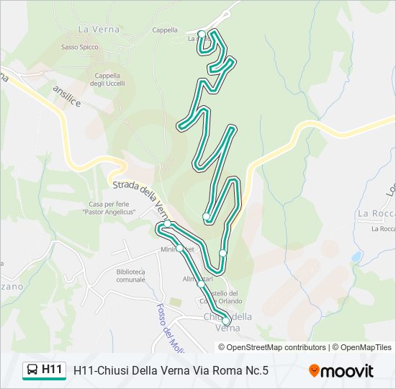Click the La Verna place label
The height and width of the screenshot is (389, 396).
[x=93, y=30]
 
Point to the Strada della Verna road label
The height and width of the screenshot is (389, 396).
[x=141, y=197]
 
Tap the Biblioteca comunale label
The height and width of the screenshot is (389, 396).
[x=130, y=275]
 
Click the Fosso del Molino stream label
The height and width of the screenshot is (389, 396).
[x=165, y=324]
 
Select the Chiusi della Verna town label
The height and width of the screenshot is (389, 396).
[x=228, y=321]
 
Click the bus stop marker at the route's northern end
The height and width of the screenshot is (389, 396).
[x=202, y=34]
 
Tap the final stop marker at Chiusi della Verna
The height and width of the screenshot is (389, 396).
[x=226, y=321]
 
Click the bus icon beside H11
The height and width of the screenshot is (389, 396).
[x=32, y=370]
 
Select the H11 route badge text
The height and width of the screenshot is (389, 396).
[x=52, y=370]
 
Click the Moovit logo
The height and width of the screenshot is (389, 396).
[x=341, y=371]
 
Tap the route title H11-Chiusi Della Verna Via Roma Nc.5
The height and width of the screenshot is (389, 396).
[x=171, y=370]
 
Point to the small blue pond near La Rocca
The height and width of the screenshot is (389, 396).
[x=356, y=256]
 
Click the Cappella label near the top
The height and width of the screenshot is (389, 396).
[x=165, y=30]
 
